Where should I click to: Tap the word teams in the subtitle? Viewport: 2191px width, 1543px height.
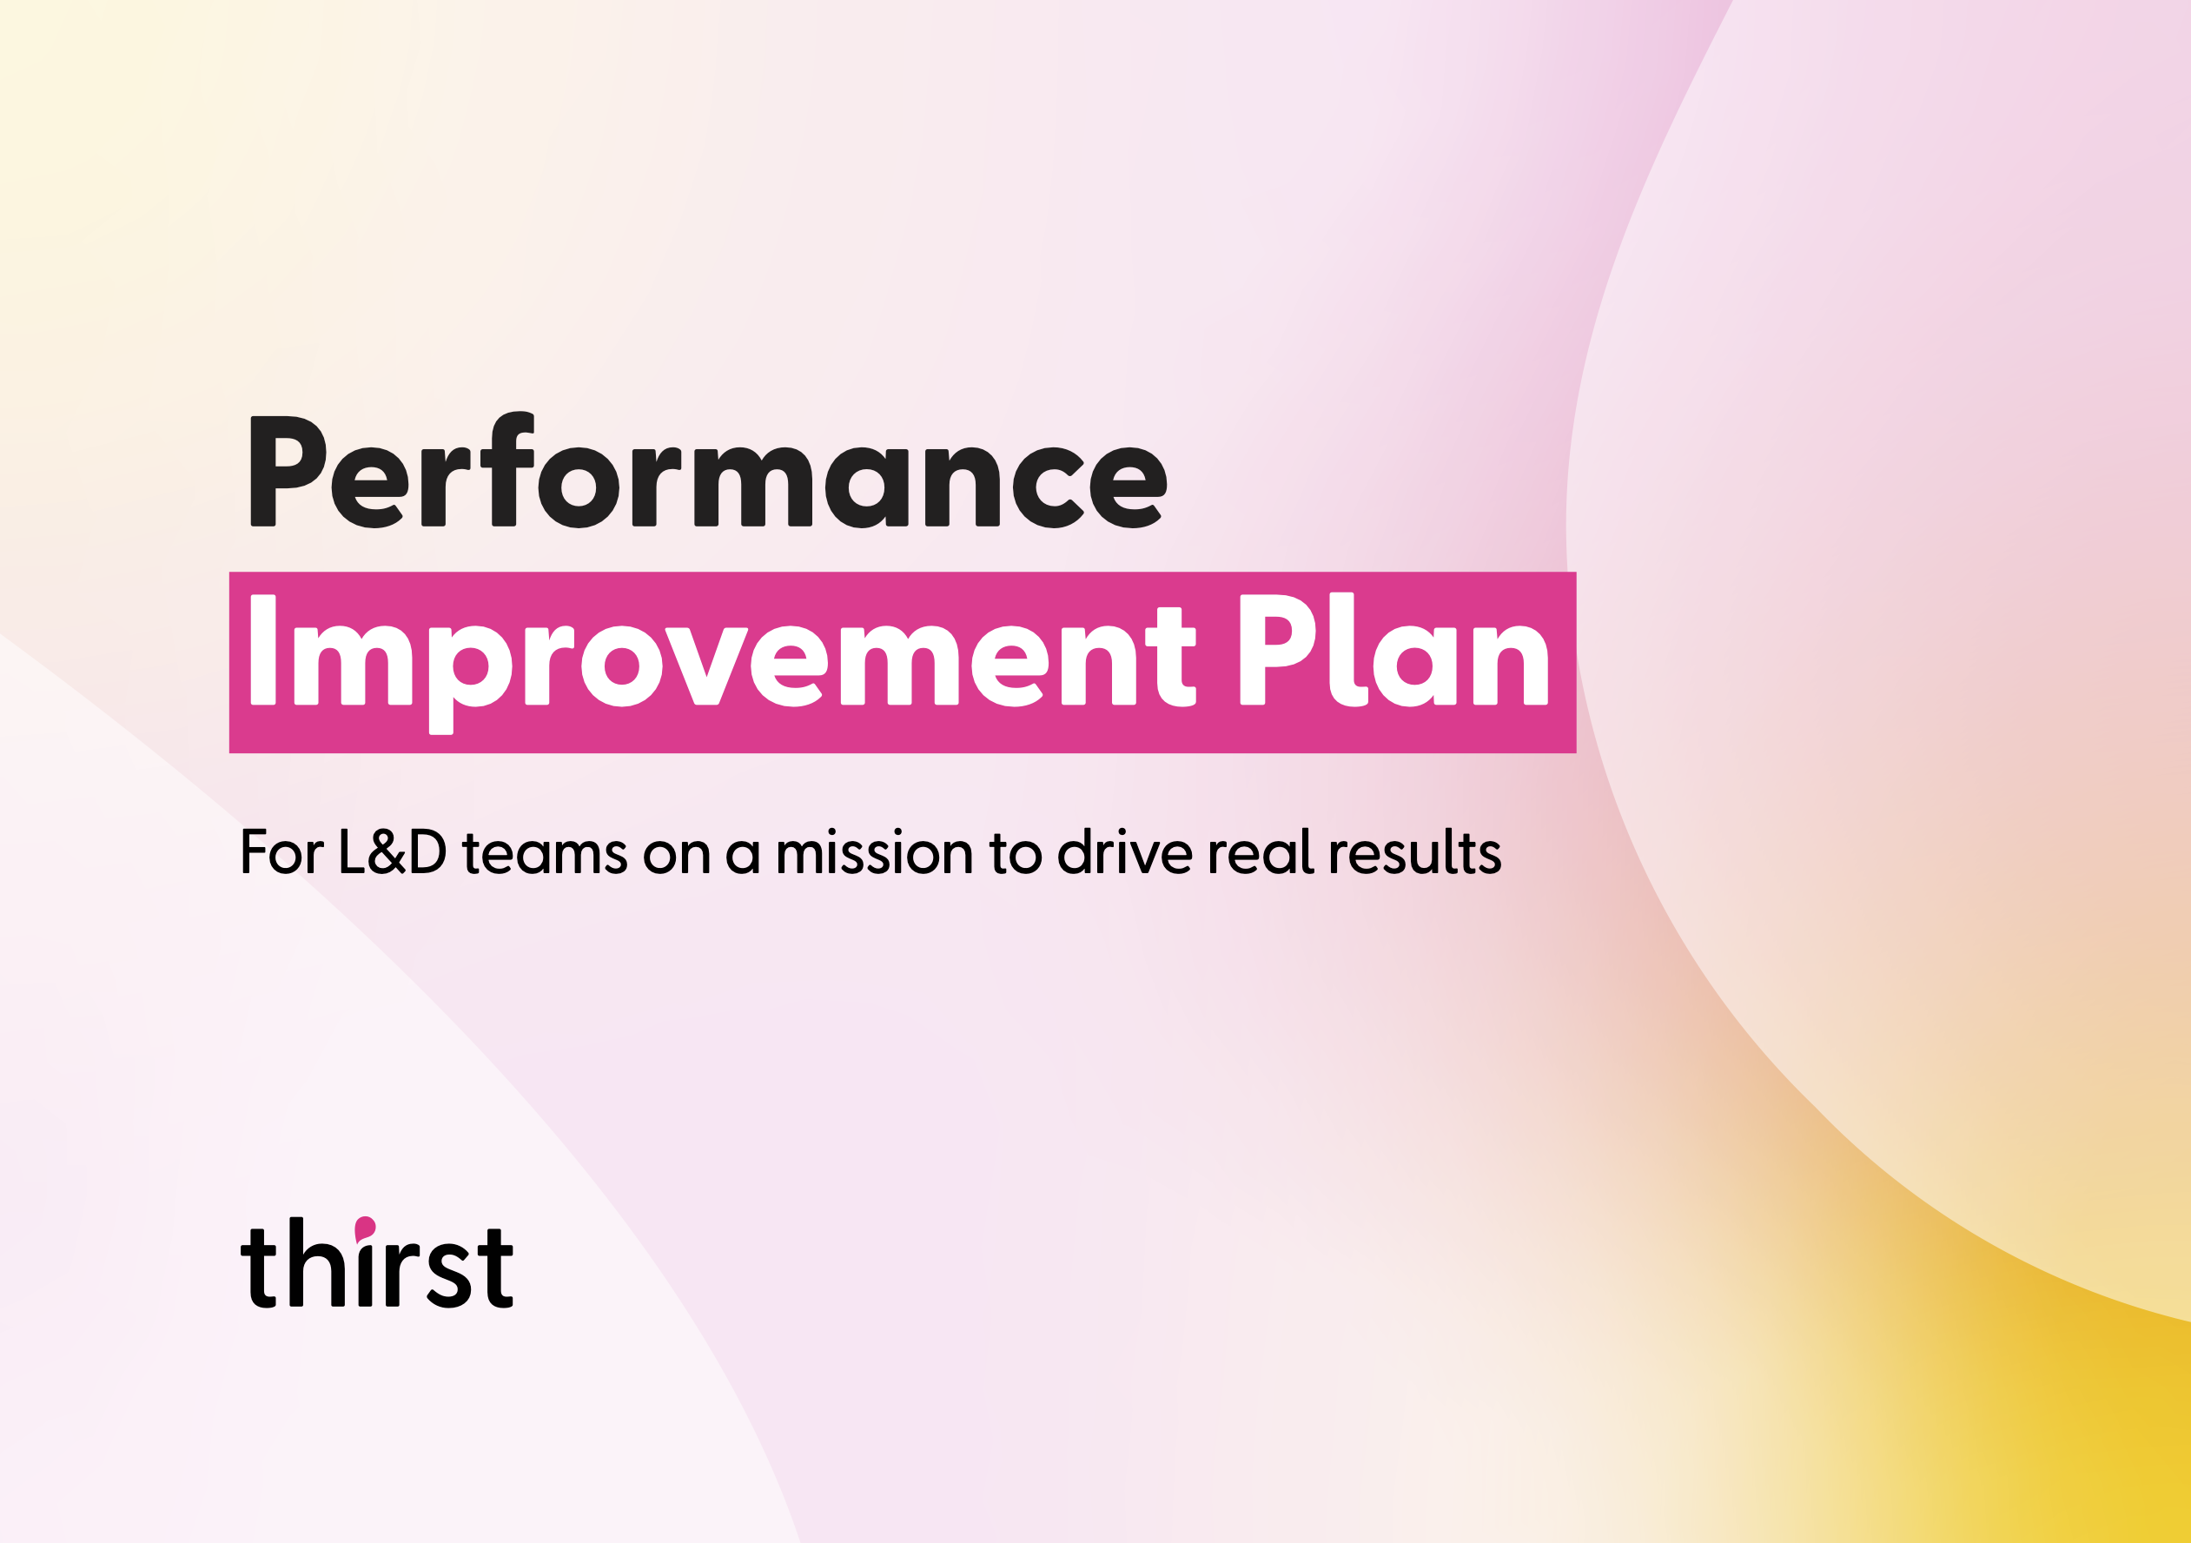coord(544,854)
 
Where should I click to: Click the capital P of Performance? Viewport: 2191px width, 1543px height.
coord(287,472)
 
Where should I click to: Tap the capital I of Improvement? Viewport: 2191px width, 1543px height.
coord(262,650)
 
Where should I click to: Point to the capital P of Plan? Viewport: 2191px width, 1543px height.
coord(1276,650)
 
